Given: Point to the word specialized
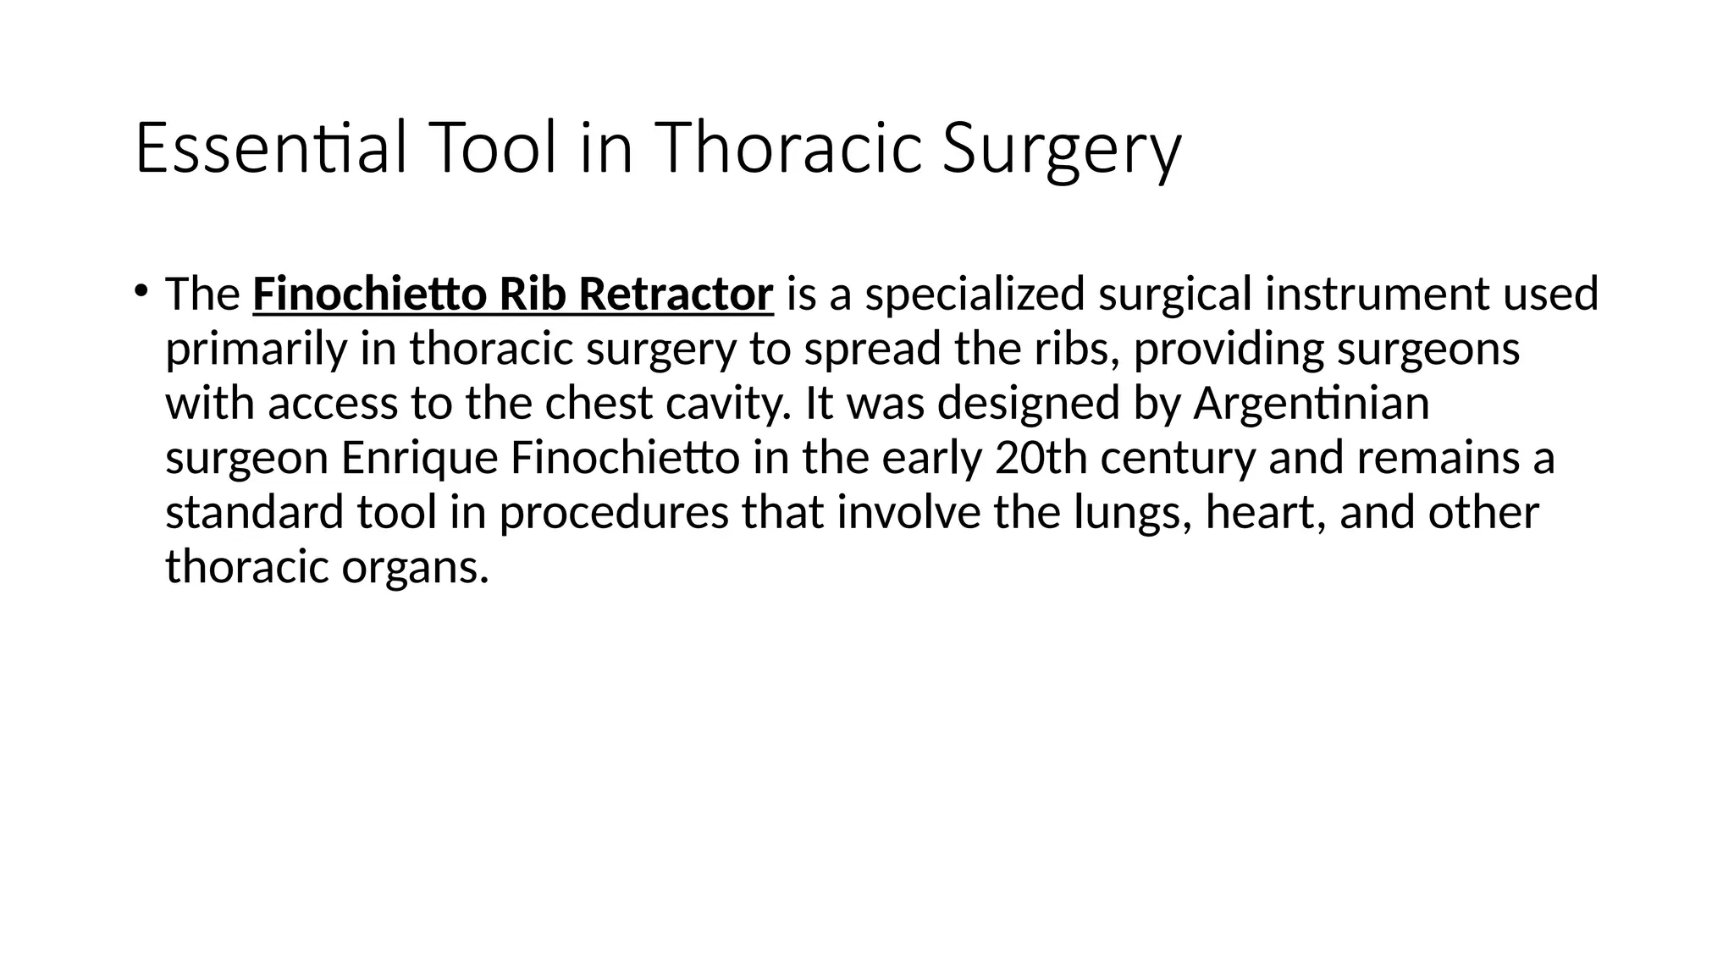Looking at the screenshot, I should click(x=975, y=295).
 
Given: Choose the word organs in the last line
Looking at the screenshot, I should click(x=415, y=567).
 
